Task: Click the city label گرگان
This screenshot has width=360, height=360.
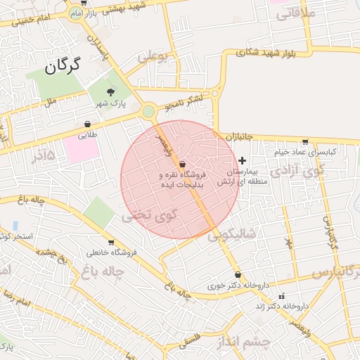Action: pyautogui.click(x=63, y=66)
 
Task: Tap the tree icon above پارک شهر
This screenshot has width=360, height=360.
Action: pyautogui.click(x=110, y=92)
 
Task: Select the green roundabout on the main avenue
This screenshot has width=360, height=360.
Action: pyautogui.click(x=148, y=111)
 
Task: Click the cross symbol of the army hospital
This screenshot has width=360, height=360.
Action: pyautogui.click(x=243, y=161)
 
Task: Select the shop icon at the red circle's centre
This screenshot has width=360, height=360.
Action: pyautogui.click(x=182, y=163)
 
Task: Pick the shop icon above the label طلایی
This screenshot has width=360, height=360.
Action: pyautogui.click(x=87, y=124)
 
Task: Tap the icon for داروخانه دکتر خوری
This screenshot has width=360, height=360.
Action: pyautogui.click(x=238, y=275)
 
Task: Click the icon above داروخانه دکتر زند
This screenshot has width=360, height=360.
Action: pyautogui.click(x=282, y=295)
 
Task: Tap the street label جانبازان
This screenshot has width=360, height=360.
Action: pyautogui.click(x=239, y=136)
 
